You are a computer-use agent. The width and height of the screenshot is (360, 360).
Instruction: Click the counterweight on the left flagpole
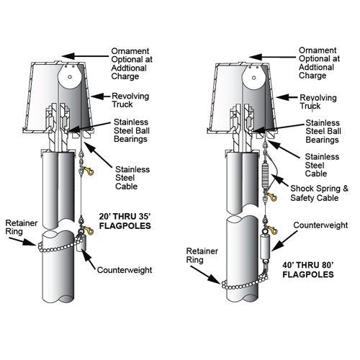[81, 243]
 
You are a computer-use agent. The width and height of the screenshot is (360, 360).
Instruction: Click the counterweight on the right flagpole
[266, 247]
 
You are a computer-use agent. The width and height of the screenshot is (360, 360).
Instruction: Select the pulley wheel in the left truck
[69, 76]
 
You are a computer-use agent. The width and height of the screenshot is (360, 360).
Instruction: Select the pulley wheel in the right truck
[254, 77]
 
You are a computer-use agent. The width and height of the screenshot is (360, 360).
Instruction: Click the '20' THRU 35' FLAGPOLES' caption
[125, 221]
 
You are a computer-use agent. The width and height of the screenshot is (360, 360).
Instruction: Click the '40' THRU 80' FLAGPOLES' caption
[308, 270]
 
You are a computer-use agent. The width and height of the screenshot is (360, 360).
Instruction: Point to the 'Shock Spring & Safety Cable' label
[319, 193]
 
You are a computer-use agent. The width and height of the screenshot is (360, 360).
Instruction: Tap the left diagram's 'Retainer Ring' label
[21, 228]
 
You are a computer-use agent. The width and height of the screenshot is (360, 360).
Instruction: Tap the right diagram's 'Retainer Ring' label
[202, 256]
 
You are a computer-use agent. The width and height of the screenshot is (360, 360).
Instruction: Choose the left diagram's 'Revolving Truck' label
[130, 100]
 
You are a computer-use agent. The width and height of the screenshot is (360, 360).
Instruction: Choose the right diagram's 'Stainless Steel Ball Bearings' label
[323, 131]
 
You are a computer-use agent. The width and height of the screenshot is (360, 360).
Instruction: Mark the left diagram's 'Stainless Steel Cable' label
[132, 178]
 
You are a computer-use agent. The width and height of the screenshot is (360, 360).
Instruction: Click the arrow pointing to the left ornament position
[85, 56]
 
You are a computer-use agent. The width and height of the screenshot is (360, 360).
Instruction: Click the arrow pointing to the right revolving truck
[287, 97]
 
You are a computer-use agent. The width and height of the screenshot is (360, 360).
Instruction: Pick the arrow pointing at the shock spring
[280, 180]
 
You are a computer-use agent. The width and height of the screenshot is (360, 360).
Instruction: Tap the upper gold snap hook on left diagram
[88, 171]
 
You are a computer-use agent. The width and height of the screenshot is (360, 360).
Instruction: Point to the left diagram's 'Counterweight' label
[125, 270]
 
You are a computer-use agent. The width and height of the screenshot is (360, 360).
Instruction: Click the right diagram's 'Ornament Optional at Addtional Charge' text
[319, 63]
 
